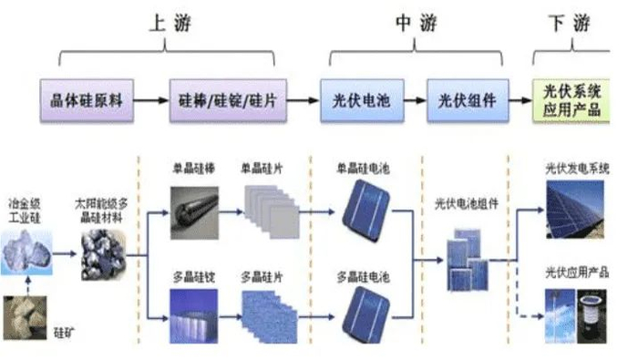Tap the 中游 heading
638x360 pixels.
(x=416, y=24)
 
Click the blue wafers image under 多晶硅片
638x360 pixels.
(x=270, y=315)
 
